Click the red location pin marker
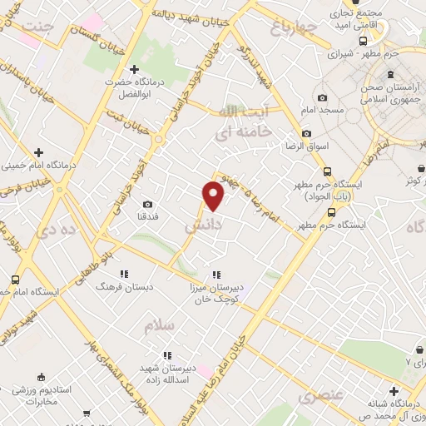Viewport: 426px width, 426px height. pos(214,196)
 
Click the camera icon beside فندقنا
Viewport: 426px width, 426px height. pos(148,205)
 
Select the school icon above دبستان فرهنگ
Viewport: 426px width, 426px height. pos(123,274)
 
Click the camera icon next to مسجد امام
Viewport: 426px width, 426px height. pos(322,97)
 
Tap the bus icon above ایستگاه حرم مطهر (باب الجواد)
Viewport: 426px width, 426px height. pos(328,171)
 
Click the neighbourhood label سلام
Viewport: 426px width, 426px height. pos(160,326)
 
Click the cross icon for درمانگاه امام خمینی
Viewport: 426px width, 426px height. pos(38,151)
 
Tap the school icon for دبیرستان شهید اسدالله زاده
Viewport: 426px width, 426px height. pos(167,355)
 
